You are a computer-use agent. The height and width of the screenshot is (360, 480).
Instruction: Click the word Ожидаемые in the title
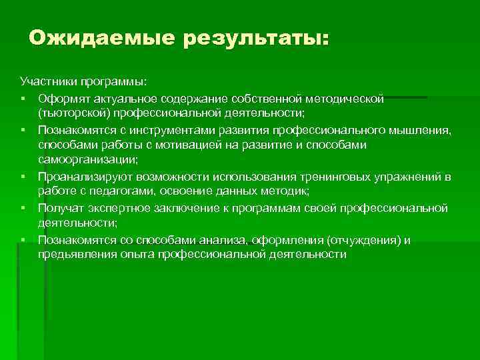click(99, 37)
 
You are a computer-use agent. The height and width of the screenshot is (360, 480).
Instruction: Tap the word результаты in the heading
click(255, 39)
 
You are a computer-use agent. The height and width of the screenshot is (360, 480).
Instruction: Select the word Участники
click(47, 81)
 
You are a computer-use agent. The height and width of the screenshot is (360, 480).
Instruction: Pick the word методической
click(346, 99)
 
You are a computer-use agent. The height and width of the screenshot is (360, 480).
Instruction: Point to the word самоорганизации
click(86, 160)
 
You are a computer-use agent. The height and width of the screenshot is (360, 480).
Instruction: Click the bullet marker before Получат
click(23, 208)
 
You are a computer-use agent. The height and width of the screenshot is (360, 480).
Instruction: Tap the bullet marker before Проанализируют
click(23, 177)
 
